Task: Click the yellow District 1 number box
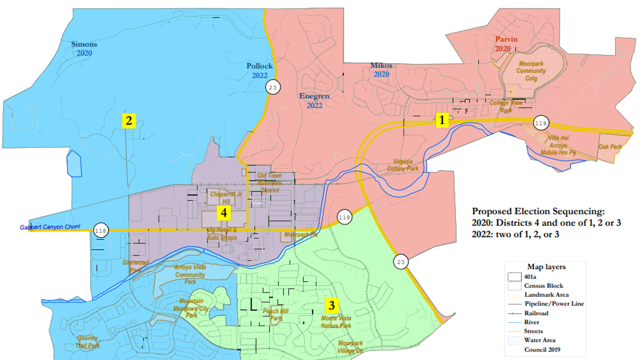pyautogui.click(x=442, y=120)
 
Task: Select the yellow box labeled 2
pyautogui.click(x=129, y=121)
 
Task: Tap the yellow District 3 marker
pyautogui.click(x=332, y=306)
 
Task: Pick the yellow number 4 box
pyautogui.click(x=224, y=212)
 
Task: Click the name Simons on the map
pyautogui.click(x=84, y=45)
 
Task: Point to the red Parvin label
pyautogui.click(x=506, y=40)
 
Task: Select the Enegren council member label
pyautogui.click(x=314, y=96)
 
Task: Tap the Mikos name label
pyautogui.click(x=381, y=66)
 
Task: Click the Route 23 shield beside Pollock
pyautogui.click(x=272, y=87)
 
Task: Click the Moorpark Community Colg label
pyautogui.click(x=531, y=71)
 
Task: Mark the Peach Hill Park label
pyautogui.click(x=275, y=315)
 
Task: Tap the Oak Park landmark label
pyautogui.click(x=610, y=147)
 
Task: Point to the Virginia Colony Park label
pyautogui.click(x=403, y=165)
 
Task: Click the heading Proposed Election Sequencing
pyautogui.click(x=538, y=211)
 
